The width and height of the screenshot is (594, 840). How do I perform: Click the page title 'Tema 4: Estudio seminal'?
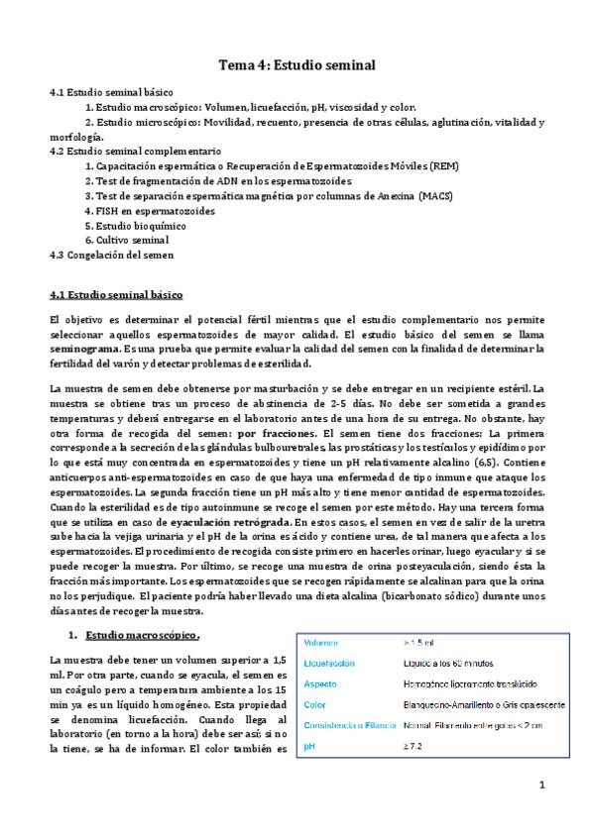297,66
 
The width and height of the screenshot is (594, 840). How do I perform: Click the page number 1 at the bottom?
541,785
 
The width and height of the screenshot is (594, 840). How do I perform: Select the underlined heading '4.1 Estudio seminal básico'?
115,294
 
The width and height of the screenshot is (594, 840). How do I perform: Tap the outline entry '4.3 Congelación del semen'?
111,254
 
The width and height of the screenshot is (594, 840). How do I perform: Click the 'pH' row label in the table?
310,745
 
